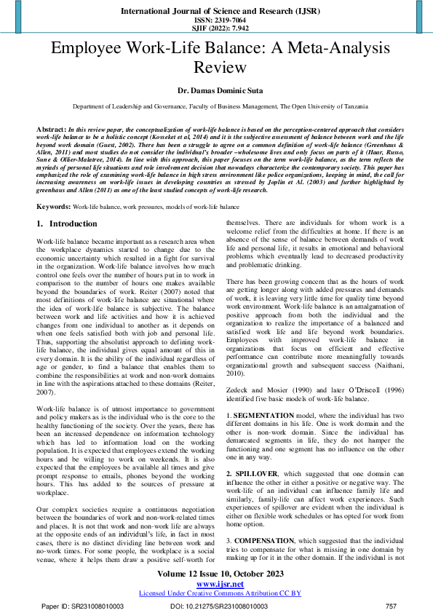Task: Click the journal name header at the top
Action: pyautogui.click(x=216, y=12)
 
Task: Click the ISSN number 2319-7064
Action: pyautogui.click(x=216, y=21)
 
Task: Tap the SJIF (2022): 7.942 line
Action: pyautogui.click(x=216, y=29)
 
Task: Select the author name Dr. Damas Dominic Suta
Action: pyautogui.click(x=216, y=91)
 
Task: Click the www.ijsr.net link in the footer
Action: pyautogui.click(x=216, y=583)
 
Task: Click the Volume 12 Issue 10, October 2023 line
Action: pyautogui.click(x=216, y=574)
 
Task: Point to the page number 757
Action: pyautogui.click(x=390, y=606)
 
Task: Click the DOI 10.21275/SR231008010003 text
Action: pyautogui.click(x=219, y=606)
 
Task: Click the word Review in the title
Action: pyautogui.click(x=216, y=68)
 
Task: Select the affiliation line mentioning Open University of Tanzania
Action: pyautogui.click(x=216, y=106)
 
